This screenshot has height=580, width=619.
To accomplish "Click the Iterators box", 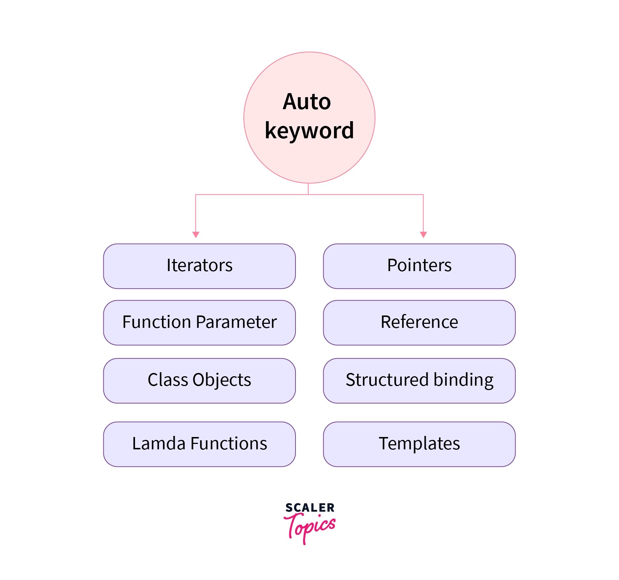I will [199, 266].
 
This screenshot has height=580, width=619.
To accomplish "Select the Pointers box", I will [419, 266].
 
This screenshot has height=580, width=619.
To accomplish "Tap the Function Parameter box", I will [199, 322].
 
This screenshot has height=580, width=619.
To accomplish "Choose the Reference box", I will [419, 322].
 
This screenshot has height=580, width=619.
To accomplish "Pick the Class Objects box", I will [199, 381].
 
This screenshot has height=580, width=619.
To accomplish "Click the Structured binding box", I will [419, 381].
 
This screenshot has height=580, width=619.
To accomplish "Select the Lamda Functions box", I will [199, 444].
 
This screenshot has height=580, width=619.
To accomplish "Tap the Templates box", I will [419, 444].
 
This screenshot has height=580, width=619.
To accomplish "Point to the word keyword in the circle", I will [309, 131].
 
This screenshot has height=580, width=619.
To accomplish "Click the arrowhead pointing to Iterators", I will [196, 234].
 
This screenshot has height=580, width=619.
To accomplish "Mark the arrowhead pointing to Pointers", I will [423, 234].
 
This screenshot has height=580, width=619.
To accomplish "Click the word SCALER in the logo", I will [310, 508].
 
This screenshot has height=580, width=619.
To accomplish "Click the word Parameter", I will [236, 322].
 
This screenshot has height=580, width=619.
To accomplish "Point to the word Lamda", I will [159, 444].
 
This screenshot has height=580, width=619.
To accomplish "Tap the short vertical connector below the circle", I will [308, 189].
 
